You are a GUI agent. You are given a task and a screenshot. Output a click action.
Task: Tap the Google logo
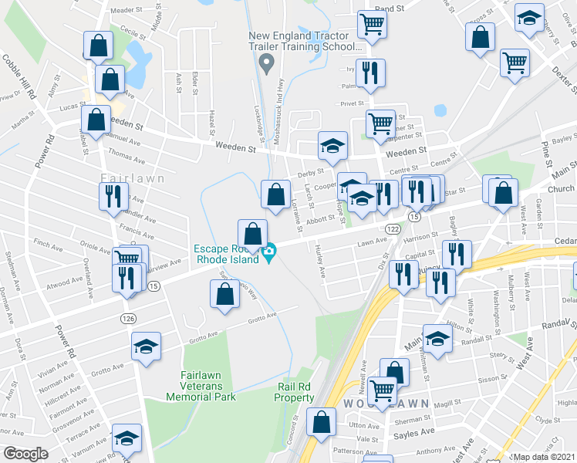click(25, 454)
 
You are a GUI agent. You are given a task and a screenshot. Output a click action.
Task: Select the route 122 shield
click(392, 229)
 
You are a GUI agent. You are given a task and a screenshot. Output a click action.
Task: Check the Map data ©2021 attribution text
click(544, 457)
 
